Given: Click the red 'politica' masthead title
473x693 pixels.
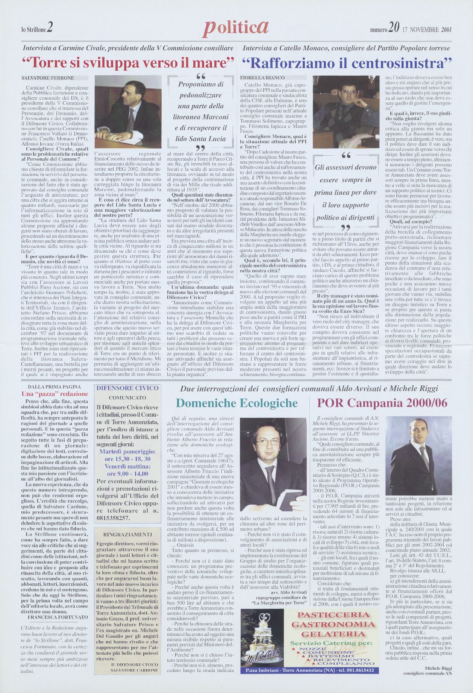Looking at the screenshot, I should [x=236, y=27].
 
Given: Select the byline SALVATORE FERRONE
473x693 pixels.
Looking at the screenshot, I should [x=48, y=78].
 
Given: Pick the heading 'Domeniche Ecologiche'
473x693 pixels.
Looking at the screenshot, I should [x=236, y=403].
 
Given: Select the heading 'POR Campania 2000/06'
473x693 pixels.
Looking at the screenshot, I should [x=382, y=403].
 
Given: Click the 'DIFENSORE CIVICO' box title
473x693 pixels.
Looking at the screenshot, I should [x=127, y=388].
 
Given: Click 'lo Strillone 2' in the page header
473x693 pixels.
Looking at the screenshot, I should [x=37, y=28].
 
